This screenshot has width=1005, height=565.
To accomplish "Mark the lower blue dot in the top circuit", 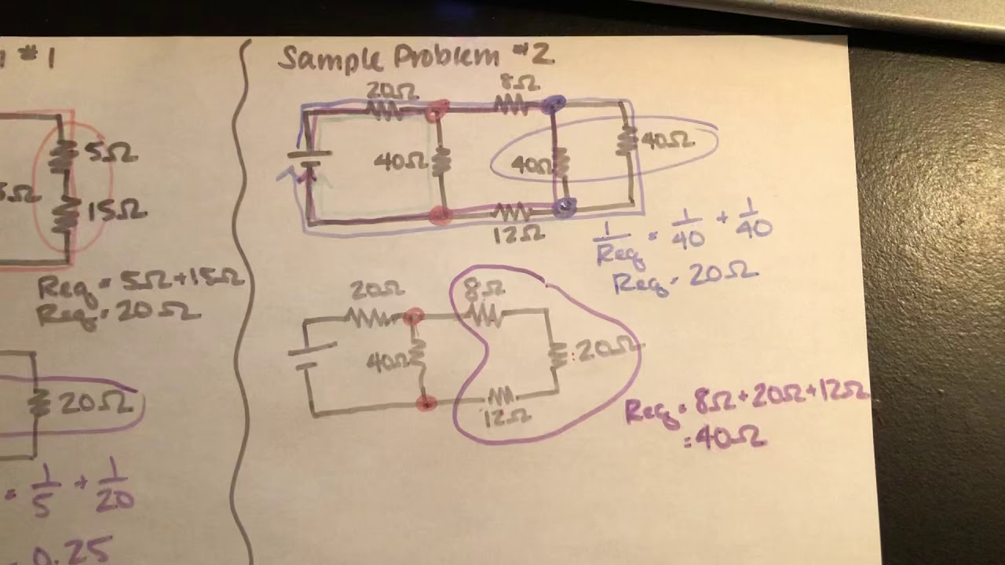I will coord(563,207).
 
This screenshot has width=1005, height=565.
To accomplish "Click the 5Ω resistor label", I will coord(102,155).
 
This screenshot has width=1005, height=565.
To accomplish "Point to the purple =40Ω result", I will coord(725,440).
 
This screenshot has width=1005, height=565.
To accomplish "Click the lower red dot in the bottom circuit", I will coord(426,403).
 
